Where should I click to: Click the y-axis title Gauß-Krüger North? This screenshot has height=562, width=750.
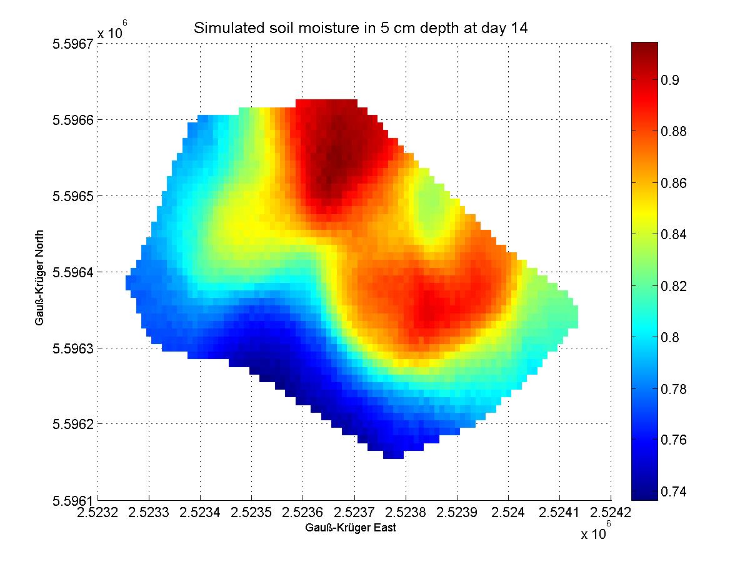click(39, 272)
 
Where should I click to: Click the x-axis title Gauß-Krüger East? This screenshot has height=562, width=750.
click(351, 528)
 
